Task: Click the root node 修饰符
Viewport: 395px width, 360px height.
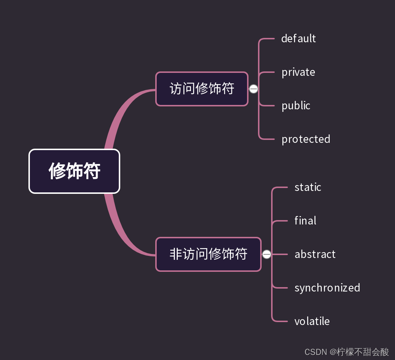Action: [74, 171]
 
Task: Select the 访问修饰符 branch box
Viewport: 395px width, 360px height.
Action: [202, 89]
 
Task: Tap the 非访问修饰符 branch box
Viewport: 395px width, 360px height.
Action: [208, 254]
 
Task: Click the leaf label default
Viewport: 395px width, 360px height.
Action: [298, 39]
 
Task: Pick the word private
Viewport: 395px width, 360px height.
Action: [298, 72]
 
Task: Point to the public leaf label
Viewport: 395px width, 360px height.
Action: [296, 106]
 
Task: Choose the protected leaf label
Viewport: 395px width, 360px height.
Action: [306, 139]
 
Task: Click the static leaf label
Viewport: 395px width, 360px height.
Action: [308, 187]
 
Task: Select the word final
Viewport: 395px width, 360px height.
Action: [305, 221]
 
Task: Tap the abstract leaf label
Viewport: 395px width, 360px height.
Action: [315, 254]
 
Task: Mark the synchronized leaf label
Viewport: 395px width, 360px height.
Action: [327, 288]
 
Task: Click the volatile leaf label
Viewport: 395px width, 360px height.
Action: [312, 321]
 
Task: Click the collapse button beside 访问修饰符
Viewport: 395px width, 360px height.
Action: [254, 89]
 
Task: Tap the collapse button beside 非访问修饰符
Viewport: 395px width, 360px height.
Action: [267, 254]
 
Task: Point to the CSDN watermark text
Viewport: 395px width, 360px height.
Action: [316, 352]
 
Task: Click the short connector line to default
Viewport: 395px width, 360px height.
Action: [268, 39]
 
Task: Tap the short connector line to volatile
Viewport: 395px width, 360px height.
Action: [281, 321]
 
